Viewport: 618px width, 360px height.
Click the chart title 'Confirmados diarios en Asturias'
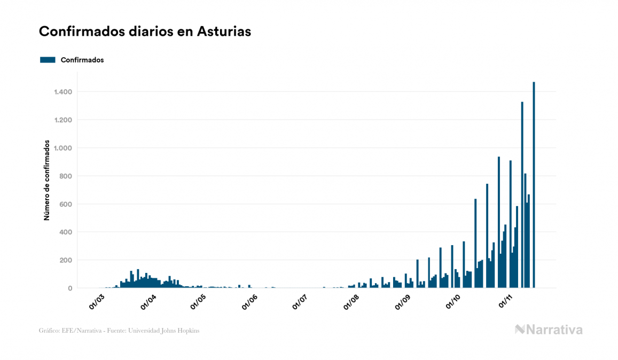[145, 32]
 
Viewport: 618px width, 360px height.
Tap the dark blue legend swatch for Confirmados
[48, 60]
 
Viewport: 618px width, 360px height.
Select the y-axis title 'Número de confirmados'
[47, 181]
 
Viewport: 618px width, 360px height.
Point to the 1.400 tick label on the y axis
[63, 92]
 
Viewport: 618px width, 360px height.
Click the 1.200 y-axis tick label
[63, 120]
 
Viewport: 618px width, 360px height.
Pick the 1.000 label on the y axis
[63, 148]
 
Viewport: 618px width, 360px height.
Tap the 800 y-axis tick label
[66, 176]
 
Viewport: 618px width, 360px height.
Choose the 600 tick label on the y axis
[66, 205]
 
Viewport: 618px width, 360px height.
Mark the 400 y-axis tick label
[66, 232]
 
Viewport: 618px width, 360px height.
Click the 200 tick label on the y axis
[66, 261]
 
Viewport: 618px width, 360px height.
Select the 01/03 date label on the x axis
[97, 301]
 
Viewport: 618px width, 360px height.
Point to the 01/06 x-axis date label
[249, 301]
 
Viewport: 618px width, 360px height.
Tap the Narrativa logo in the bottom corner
[549, 330]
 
